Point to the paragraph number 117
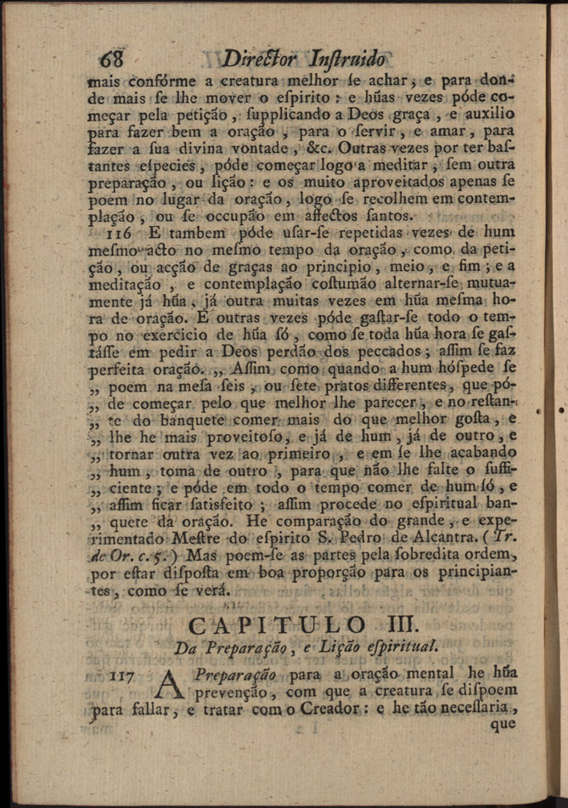(124, 676)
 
